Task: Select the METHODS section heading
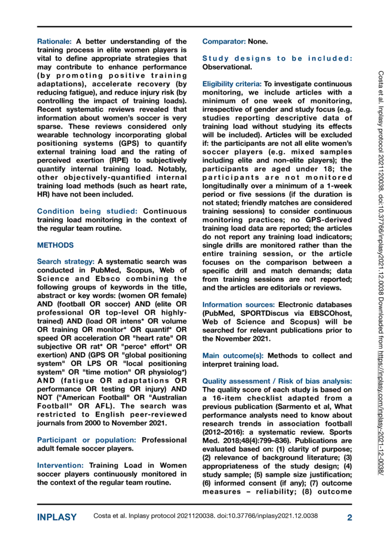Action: [55, 245]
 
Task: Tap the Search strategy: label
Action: [66, 262]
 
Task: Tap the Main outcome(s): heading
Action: [234, 355]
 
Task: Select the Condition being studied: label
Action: [88, 211]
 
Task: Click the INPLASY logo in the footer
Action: [57, 517]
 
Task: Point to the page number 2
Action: [349, 517]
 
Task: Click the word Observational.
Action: [226, 66]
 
